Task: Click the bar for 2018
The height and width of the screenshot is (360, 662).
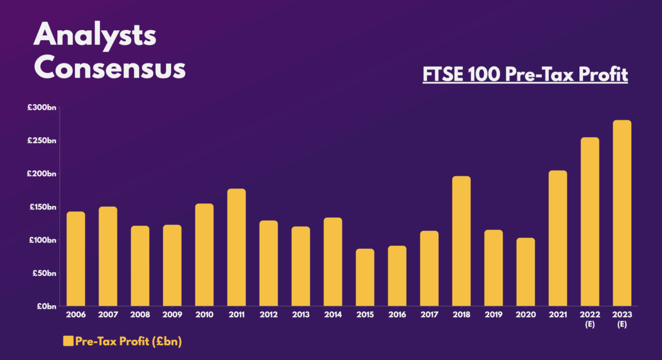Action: [x=461, y=241]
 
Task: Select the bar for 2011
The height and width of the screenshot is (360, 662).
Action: [x=236, y=248]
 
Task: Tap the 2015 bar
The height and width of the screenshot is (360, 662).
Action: [x=365, y=277]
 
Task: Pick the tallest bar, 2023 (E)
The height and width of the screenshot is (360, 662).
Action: [x=622, y=213]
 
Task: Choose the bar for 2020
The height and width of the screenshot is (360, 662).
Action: [x=526, y=272]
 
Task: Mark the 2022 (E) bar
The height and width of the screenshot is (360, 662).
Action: [x=590, y=222]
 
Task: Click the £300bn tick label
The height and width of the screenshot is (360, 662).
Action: [x=42, y=108]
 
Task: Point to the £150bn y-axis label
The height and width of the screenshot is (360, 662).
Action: [x=42, y=207]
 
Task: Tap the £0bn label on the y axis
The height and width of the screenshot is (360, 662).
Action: [x=46, y=306]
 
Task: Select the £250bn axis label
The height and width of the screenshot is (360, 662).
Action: [x=42, y=141]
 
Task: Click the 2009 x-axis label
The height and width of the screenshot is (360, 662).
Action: [x=172, y=315]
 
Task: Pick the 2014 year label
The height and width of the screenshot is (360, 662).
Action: [x=333, y=315]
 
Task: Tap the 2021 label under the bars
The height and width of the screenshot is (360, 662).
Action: [x=558, y=315]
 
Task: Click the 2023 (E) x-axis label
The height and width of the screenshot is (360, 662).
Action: [x=622, y=319]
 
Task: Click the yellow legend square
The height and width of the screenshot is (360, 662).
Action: [x=68, y=341]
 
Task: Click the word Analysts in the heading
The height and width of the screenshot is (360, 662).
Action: [x=95, y=36]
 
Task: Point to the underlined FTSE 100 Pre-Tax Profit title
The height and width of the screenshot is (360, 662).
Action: [x=525, y=74]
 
